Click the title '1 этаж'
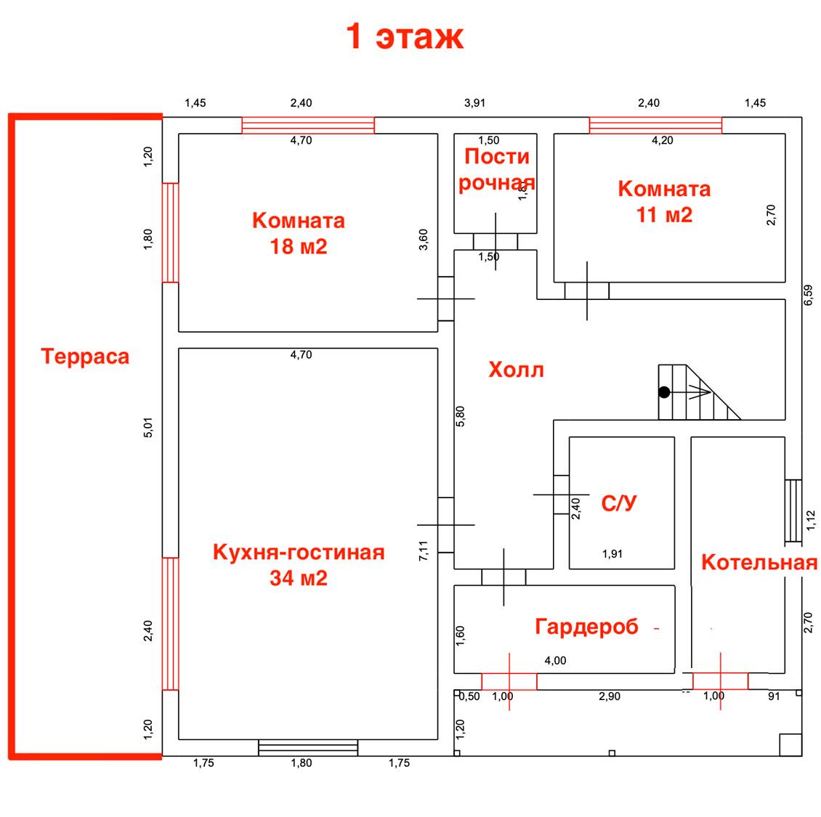tap(405, 36)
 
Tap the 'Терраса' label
tap(85, 357)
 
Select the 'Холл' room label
tap(517, 370)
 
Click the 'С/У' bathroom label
tap(619, 503)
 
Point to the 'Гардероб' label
tap(586, 627)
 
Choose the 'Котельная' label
tap(759, 562)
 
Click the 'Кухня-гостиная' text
tap(299, 552)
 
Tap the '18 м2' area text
tap(299, 246)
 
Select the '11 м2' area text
tap(665, 214)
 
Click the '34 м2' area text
tap(299, 578)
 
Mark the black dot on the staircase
tap(665, 392)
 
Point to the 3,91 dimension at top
tap(474, 103)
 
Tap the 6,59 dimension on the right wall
tap(809, 295)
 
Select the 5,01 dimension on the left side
tap(148, 427)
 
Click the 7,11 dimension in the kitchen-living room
tap(423, 550)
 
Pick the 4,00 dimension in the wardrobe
tap(555, 661)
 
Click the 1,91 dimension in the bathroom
tap(612, 553)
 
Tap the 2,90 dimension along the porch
tap(610, 696)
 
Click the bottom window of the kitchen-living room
tap(308, 748)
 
